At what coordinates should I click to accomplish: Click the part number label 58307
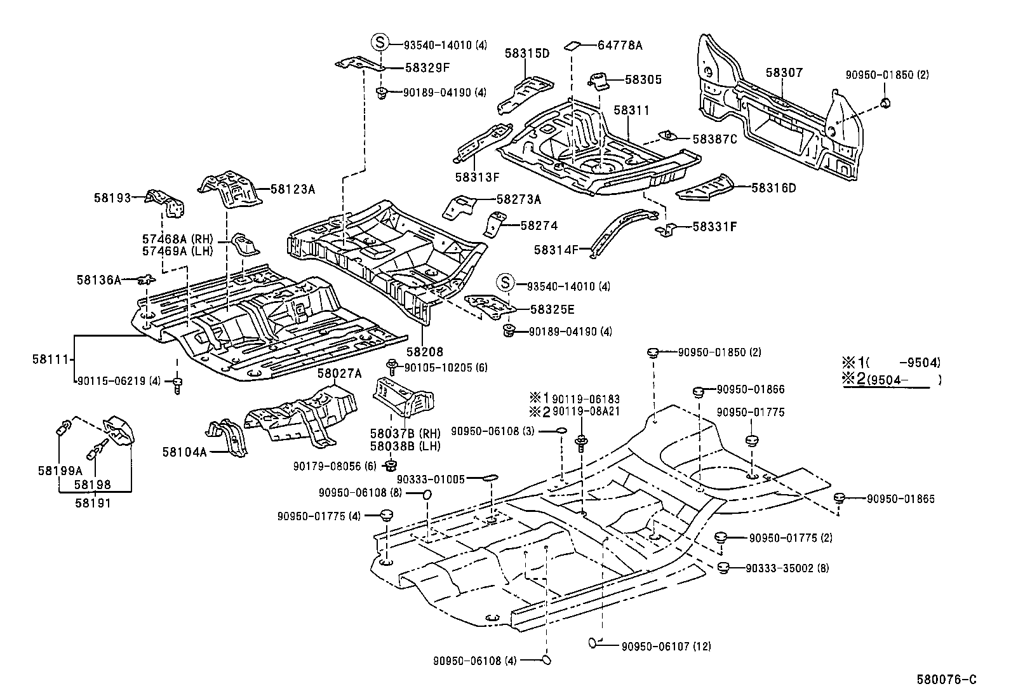784,73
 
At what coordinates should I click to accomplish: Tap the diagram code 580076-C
946,680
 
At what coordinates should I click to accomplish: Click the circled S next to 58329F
379,43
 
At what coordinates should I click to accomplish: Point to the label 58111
50,359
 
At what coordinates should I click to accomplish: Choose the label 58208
425,351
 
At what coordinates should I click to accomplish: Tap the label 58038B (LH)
405,446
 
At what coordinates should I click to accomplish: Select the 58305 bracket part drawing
599,81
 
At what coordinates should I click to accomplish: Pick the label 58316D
773,188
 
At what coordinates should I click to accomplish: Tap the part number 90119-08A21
586,412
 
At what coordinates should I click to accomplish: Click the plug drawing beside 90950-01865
838,497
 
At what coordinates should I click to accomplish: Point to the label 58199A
60,471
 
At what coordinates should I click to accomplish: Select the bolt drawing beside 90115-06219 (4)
177,386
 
